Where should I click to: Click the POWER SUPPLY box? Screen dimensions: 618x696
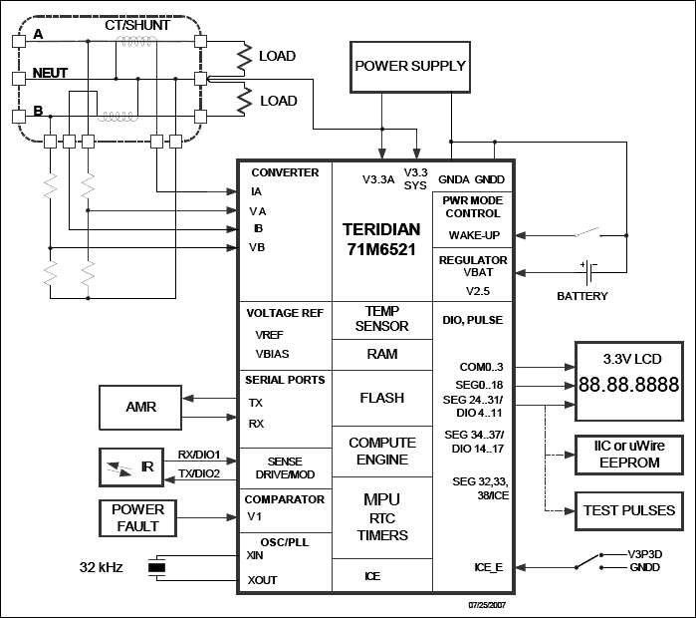click(410, 67)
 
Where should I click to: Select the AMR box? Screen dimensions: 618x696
click(140, 407)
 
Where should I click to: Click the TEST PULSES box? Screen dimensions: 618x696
click(628, 510)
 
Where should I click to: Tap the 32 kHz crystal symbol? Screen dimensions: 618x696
click(156, 568)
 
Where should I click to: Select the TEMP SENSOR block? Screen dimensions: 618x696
click(381, 318)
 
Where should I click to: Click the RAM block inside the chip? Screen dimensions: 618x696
click(381, 353)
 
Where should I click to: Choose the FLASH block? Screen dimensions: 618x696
click(381, 398)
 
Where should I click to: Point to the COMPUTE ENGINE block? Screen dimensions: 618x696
click(381, 451)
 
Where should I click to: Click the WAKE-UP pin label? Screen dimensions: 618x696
click(474, 235)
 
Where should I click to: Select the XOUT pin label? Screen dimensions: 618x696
click(263, 580)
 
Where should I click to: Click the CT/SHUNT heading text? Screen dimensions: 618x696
click(136, 24)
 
